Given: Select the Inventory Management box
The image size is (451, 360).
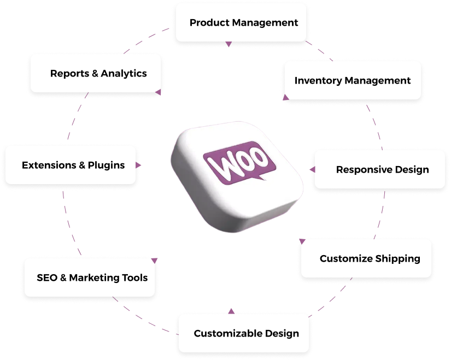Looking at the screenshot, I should coord(353,80).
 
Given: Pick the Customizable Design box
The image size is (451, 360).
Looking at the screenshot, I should coord(247,333).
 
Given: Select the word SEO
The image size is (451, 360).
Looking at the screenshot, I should coord(47,278).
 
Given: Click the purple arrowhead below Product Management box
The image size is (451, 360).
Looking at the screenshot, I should coord(229,44).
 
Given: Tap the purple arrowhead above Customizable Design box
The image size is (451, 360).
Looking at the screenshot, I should coord(231,311).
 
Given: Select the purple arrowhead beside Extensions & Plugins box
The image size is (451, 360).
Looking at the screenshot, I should coord(138,164).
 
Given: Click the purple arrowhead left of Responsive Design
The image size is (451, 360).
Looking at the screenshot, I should coord(312,169).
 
